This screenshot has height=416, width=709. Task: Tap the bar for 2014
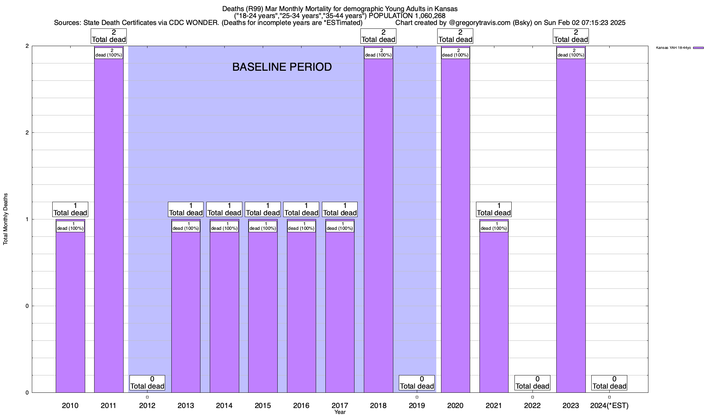[x=224, y=312]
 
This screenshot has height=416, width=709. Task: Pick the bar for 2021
[x=494, y=312]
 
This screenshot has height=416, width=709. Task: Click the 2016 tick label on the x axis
[x=301, y=405]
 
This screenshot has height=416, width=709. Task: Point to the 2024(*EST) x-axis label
[x=609, y=405]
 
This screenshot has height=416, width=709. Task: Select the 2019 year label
[x=417, y=405]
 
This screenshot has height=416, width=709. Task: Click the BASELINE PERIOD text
[x=282, y=67]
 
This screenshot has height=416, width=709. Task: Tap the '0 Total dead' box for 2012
[x=147, y=383]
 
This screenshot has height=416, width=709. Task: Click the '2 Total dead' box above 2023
[x=571, y=36]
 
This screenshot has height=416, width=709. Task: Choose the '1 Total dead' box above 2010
[x=70, y=209]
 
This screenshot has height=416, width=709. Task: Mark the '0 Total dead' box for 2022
[x=532, y=383]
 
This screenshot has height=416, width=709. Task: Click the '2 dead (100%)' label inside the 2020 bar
[x=455, y=53]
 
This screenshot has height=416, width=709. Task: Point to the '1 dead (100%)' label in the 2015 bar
[x=263, y=226]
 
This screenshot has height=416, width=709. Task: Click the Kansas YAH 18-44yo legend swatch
[x=698, y=48]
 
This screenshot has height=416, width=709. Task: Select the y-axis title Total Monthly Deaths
[x=6, y=219]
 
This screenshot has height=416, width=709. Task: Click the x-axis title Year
[x=340, y=412]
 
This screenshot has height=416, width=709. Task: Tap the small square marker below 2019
[x=417, y=397]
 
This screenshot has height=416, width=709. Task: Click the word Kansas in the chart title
[x=447, y=9]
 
